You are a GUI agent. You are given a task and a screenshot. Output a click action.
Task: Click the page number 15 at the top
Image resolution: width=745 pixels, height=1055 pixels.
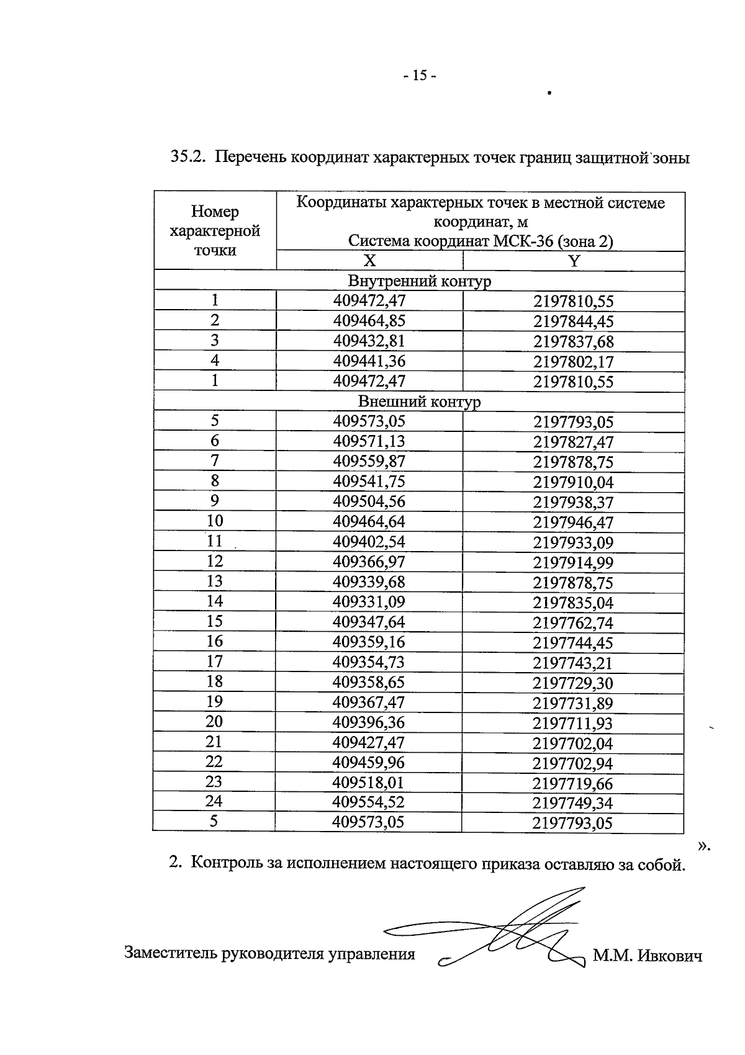[420, 76]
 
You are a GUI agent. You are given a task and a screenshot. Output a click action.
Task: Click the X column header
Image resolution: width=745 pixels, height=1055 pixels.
[369, 261]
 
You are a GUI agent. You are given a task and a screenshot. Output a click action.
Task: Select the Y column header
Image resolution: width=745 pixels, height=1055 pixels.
[574, 261]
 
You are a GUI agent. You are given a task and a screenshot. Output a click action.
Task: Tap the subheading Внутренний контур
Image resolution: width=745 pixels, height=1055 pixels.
[419, 281]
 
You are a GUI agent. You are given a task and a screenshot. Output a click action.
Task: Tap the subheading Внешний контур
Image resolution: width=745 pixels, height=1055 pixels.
[419, 402]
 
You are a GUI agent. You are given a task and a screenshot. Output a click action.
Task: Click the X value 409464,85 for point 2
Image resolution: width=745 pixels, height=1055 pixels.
[369, 321]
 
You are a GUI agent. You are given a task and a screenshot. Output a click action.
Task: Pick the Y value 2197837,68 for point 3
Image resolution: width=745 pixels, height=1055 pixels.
[573, 341]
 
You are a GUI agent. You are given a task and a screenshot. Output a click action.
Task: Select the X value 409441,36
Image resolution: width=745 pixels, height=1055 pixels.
[369, 361]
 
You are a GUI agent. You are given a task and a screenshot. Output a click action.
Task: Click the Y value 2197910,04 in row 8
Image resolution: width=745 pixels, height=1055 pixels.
[573, 482]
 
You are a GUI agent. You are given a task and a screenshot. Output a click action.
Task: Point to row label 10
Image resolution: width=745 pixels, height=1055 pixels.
[214, 521]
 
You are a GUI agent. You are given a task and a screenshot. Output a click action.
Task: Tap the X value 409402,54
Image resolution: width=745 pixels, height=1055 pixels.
[369, 542]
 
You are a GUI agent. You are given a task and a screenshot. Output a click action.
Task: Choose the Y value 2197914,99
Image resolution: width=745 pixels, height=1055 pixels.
[573, 562]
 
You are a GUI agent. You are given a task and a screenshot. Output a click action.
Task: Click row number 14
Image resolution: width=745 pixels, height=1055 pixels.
[214, 601]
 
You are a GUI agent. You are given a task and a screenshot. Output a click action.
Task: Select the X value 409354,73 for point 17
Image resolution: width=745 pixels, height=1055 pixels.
[369, 662]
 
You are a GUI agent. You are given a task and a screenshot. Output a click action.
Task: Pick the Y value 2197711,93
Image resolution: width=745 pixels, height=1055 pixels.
[573, 723]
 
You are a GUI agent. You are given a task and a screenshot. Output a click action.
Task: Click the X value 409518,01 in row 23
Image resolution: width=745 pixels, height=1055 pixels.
[369, 782]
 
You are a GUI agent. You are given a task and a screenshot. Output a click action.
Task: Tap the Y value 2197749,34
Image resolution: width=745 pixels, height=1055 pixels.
[573, 803]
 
